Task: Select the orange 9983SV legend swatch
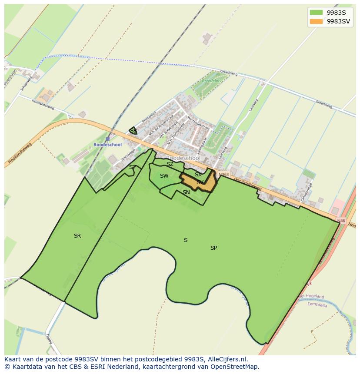tap(316, 21)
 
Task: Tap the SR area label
tap(77, 236)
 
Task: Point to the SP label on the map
tap(213, 248)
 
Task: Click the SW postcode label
tap(164, 176)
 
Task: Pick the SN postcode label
tap(186, 192)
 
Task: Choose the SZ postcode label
tap(170, 164)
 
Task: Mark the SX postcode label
tap(198, 175)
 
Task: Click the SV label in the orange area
tap(200, 182)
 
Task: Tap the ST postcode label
tap(132, 167)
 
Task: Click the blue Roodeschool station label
tap(107, 145)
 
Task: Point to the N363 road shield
tap(224, 175)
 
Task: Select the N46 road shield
tap(341, 221)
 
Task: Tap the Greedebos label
tap(211, 80)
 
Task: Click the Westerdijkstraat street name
tap(198, 123)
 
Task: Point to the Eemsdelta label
tap(317, 304)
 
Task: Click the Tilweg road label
tap(49, 339)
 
